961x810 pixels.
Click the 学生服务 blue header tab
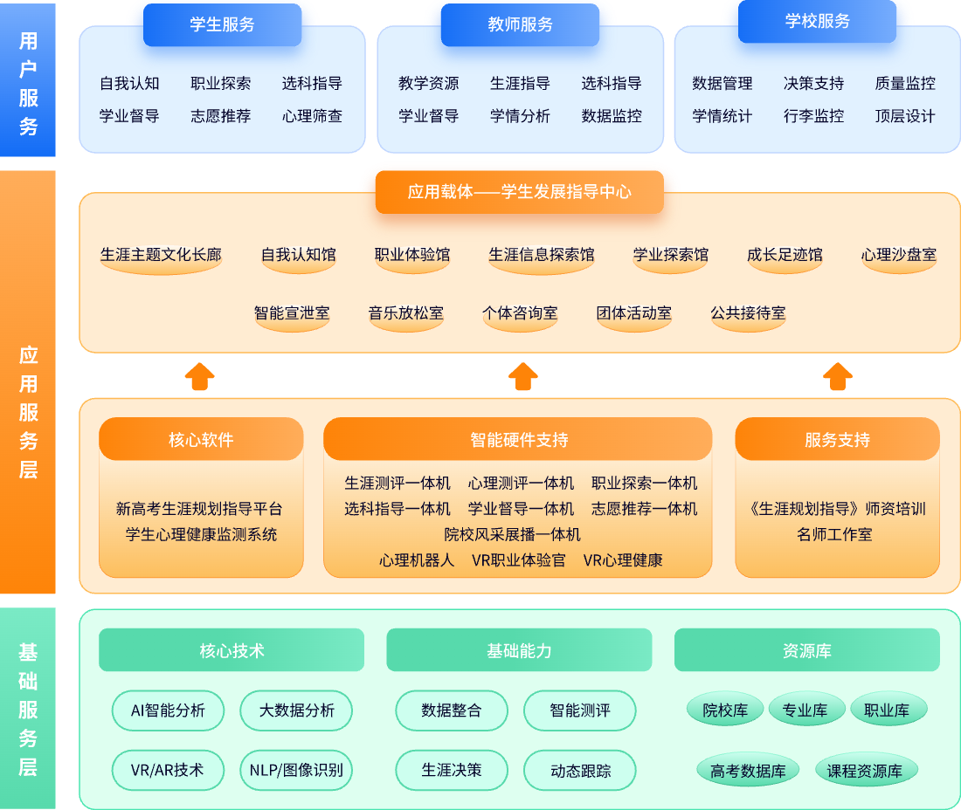pyautogui.click(x=222, y=24)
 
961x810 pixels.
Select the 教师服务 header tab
pyautogui.click(x=520, y=24)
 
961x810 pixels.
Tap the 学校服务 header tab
pyautogui.click(x=817, y=21)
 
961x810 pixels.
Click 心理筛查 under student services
pyautogui.click(x=312, y=116)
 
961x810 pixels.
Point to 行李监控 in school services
pyautogui.click(x=813, y=116)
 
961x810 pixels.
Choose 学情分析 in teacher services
pyautogui.click(x=520, y=116)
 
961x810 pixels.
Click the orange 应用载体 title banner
pyautogui.click(x=520, y=192)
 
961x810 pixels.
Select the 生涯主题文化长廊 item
pyautogui.click(x=161, y=256)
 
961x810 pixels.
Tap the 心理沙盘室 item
pyautogui.click(x=898, y=256)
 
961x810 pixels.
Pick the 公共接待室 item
pyautogui.click(x=748, y=313)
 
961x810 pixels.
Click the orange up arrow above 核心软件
pyautogui.click(x=200, y=376)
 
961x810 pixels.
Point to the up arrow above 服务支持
pyautogui.click(x=837, y=376)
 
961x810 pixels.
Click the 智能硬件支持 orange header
pyautogui.click(x=518, y=440)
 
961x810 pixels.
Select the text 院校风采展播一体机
pyautogui.click(x=512, y=534)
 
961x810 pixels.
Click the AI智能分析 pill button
pyautogui.click(x=168, y=710)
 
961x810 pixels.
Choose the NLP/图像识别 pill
pyautogui.click(x=296, y=771)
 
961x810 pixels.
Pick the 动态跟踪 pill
pyautogui.click(x=580, y=771)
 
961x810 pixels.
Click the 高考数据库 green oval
pyautogui.click(x=748, y=772)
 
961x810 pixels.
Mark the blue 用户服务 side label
pyautogui.click(x=28, y=84)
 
